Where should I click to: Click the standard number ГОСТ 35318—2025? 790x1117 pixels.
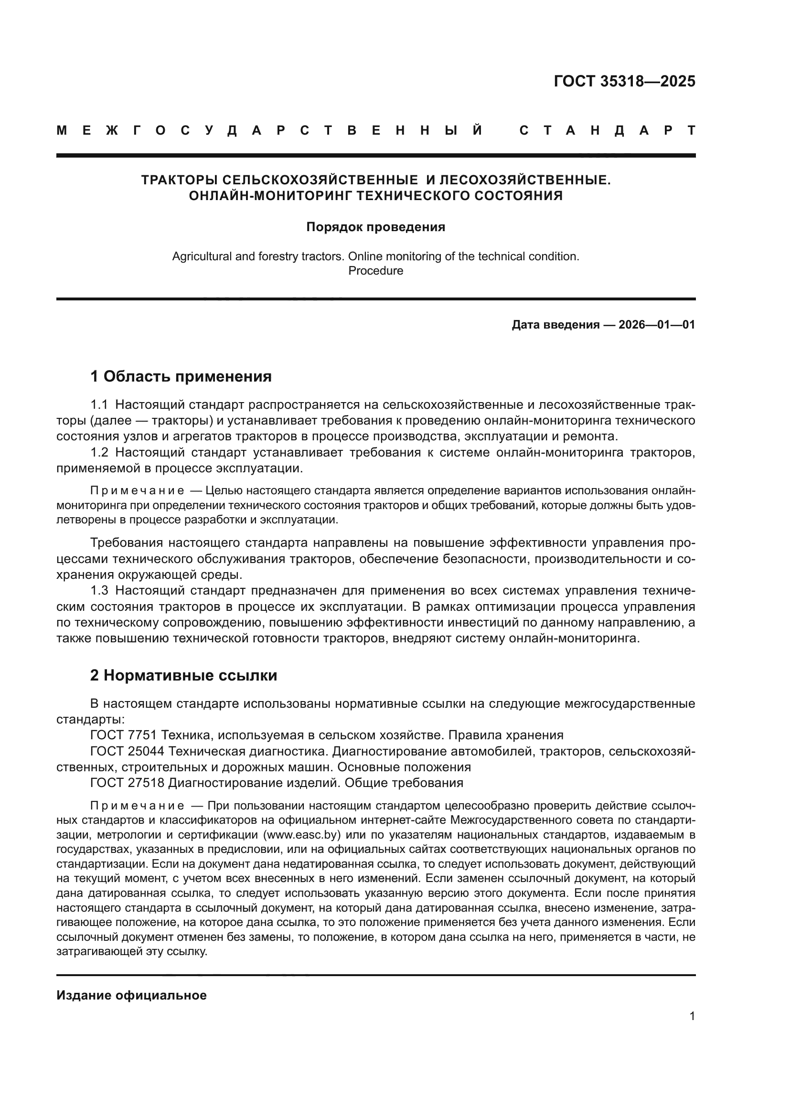[624, 81]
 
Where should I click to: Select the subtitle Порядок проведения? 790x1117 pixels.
[375, 227]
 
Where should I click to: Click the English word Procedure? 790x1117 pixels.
[375, 270]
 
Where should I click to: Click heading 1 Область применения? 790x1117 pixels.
[181, 376]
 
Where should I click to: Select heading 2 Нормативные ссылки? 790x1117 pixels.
[183, 676]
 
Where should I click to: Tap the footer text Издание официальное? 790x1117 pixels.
[131, 995]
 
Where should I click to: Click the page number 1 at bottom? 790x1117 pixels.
[692, 1016]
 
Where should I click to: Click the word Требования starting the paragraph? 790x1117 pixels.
[127, 543]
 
